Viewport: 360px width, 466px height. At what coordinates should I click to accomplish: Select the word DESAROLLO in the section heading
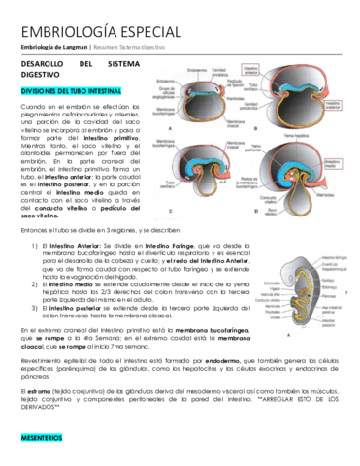pos(48,63)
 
